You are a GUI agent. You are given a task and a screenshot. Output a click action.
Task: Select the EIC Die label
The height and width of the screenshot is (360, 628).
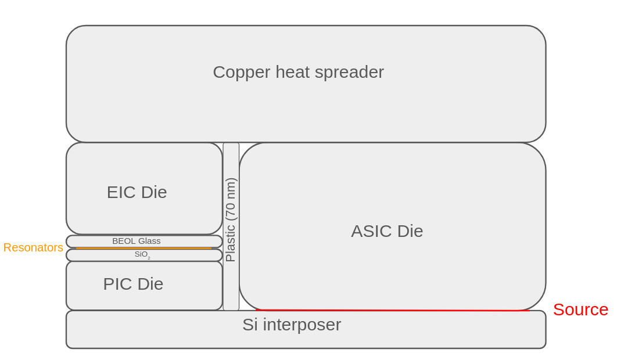[137, 192]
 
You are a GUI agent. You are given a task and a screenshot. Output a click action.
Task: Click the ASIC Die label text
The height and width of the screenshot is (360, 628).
[387, 231]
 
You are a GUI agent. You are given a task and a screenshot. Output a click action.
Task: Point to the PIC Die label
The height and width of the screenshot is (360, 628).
[133, 284]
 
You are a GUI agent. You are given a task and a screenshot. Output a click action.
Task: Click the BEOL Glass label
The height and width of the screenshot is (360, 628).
[137, 241]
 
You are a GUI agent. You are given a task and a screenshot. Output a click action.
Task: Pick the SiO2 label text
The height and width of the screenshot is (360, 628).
[142, 254]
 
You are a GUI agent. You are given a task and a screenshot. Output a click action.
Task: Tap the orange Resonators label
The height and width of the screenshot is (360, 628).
[33, 247]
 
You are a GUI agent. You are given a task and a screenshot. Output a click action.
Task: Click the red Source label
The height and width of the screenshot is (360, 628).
[580, 309]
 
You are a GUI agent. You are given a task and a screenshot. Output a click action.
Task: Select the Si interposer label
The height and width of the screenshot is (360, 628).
[292, 325]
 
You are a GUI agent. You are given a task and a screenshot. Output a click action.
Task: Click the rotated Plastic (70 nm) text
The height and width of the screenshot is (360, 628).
[231, 220]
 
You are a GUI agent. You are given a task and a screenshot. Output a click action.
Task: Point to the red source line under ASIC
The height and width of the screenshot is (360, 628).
[392, 310]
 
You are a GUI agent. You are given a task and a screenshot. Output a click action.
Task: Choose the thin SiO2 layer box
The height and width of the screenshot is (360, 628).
[186, 255]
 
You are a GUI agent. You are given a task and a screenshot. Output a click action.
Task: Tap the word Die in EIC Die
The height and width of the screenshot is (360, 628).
[153, 192]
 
